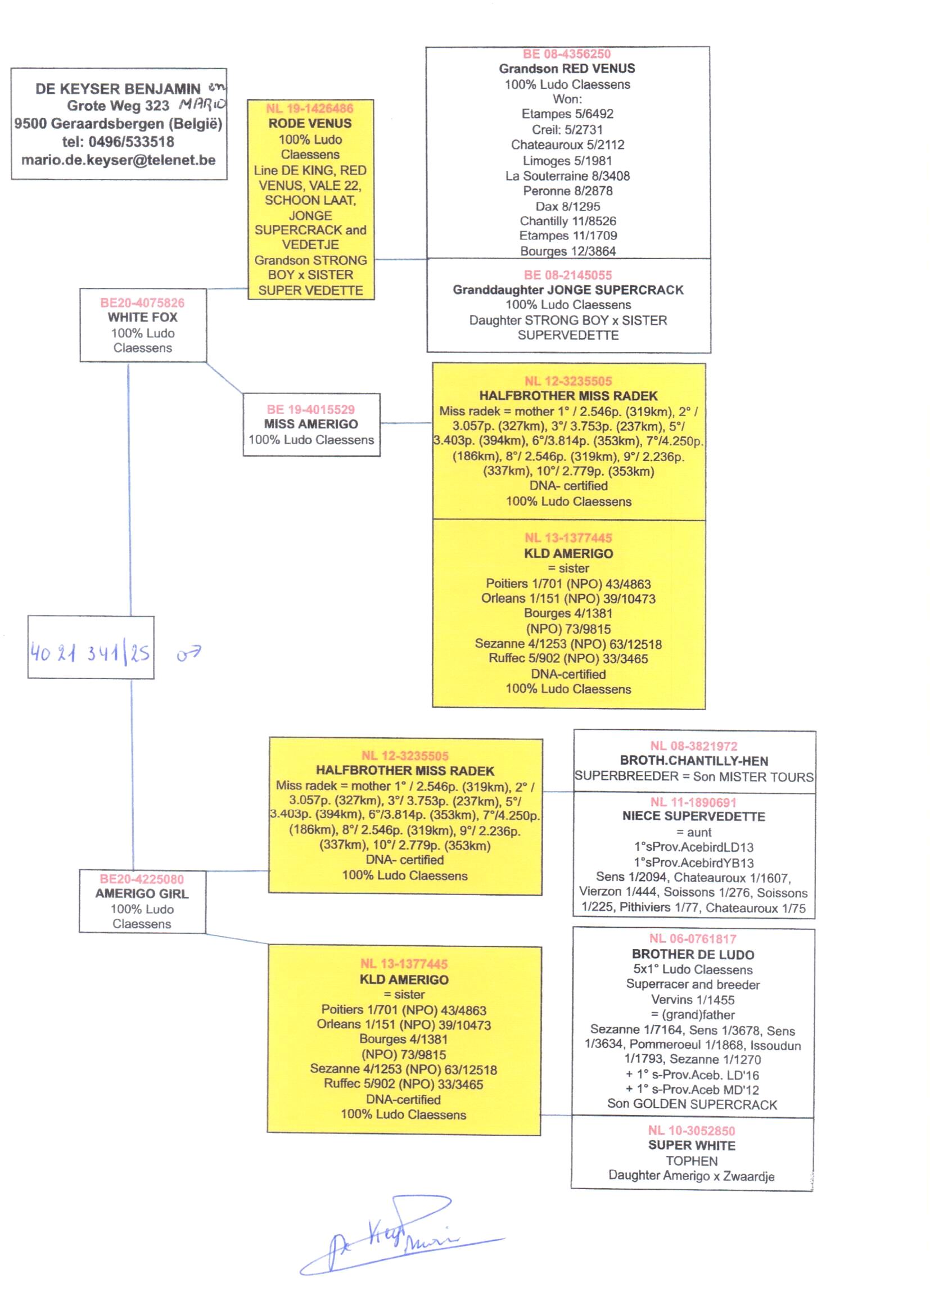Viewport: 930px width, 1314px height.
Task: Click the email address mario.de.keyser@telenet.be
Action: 119,160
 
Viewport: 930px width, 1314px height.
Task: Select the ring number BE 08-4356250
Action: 566,54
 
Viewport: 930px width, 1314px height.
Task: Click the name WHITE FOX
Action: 143,317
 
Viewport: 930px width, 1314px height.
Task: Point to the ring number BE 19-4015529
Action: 310,409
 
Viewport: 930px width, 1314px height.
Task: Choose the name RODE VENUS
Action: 310,124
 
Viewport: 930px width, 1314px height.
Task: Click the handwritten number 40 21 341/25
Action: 90,653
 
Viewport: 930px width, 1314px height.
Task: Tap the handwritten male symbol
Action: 188,653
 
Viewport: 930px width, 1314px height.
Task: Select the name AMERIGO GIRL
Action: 142,894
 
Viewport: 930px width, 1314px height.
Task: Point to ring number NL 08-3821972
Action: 693,746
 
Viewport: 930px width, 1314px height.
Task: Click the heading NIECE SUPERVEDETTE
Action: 693,816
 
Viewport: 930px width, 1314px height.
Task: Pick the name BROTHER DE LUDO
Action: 693,955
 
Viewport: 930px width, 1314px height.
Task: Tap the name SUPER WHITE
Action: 692,1145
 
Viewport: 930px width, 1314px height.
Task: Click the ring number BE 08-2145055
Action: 567,275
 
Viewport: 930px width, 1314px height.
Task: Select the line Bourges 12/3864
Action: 567,251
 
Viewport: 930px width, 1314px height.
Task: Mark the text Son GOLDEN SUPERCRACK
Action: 692,1104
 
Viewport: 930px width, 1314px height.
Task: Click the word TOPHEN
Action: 691,1161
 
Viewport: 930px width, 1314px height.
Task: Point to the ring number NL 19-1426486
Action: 310,108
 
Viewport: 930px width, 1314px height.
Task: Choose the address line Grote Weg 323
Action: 118,106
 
